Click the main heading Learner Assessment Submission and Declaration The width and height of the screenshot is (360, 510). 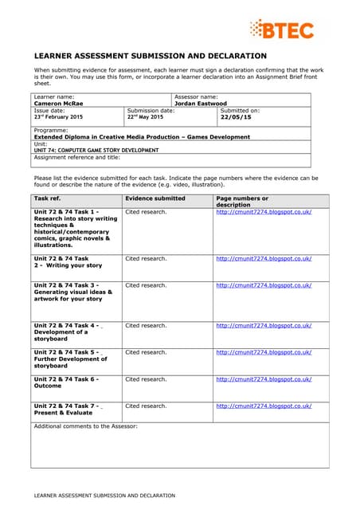click(150, 56)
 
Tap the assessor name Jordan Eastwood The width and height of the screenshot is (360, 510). click(201, 104)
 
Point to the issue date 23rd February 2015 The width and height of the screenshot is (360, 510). click(58, 117)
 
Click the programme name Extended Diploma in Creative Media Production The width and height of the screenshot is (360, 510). click(141, 137)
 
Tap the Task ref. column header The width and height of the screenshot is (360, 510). click(48, 198)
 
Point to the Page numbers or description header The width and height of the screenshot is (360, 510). click(242, 201)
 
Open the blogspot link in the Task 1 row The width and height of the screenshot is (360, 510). click(264, 212)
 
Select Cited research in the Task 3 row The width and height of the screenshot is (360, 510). click(146, 285)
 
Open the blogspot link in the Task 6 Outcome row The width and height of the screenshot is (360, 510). click(264, 379)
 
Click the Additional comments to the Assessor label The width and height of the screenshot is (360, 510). click(86, 426)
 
